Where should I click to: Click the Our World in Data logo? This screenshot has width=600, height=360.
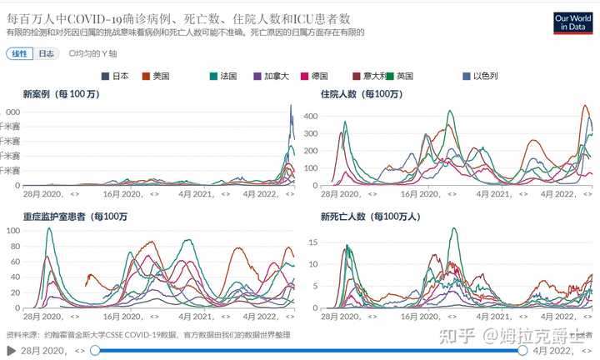[x=576, y=21]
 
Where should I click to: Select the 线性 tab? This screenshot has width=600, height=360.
[x=18, y=53]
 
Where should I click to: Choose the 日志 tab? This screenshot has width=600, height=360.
[x=47, y=53]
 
